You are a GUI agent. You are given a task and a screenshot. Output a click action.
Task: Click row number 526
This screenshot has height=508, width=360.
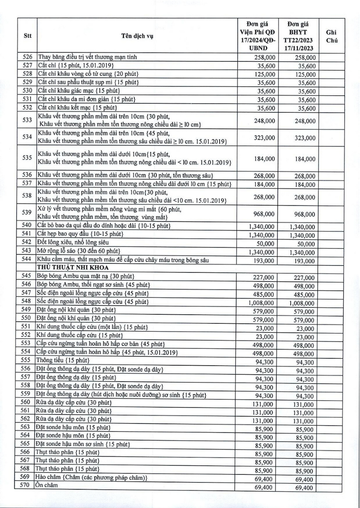[x=27, y=57]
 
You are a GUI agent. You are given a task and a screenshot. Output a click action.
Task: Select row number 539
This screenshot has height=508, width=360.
[x=27, y=212]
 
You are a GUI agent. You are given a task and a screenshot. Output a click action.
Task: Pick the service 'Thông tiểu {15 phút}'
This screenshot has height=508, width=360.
[x=60, y=360]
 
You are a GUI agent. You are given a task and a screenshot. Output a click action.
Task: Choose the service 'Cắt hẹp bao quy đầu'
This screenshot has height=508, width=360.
[x=75, y=234]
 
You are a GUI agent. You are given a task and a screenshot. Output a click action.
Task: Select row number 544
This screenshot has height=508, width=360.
[x=27, y=259]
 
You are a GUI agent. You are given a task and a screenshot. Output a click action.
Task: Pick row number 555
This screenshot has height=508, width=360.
[x=27, y=360]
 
